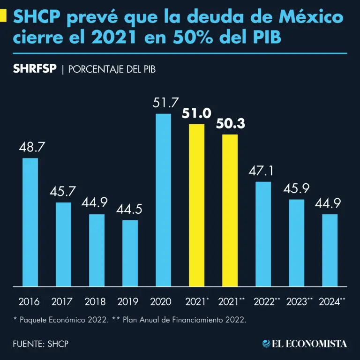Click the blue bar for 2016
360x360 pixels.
click(x=30, y=222)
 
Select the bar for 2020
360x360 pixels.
click(x=163, y=200)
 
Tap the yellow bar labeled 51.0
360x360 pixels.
click(x=196, y=205)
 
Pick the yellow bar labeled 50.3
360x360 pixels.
click(x=230, y=210)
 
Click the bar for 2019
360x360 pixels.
click(x=130, y=253)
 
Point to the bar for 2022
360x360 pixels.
click(x=263, y=233)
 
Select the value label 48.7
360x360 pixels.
click(x=32, y=147)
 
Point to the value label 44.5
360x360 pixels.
click(x=130, y=209)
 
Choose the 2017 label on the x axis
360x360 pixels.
click(x=62, y=301)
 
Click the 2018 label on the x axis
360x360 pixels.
click(x=95, y=301)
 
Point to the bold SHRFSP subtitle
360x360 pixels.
click(x=35, y=69)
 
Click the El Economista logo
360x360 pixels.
click(x=305, y=344)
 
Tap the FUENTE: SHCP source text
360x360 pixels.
click(x=41, y=344)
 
